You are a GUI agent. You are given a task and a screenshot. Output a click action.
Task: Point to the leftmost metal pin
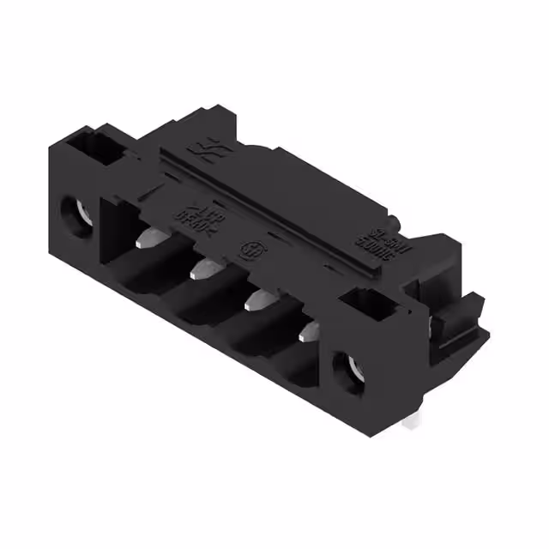click(148, 236)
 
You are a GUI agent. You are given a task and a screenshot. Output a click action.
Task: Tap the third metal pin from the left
click(256, 299)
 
